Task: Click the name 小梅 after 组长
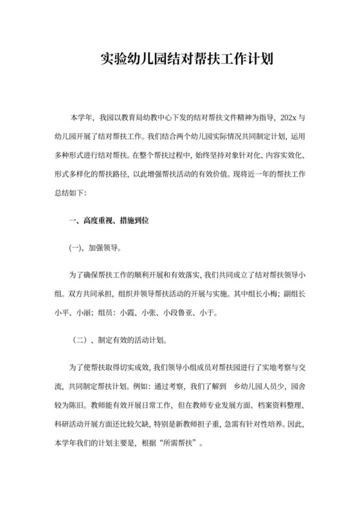269,294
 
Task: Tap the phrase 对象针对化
237,155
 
